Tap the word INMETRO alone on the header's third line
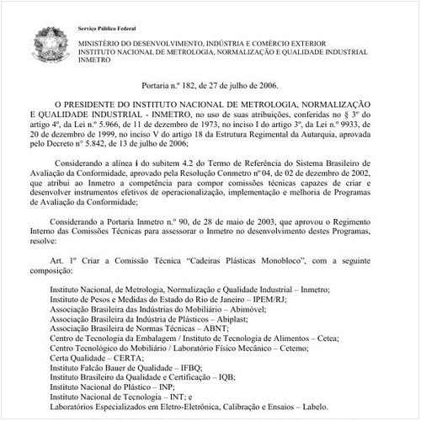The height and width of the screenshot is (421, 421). [94, 61]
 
